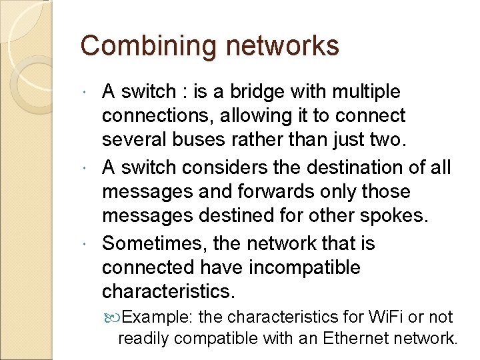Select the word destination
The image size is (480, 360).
pos(357,167)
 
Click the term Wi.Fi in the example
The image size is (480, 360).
pos(383,317)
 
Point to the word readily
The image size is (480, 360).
pos(142,339)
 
